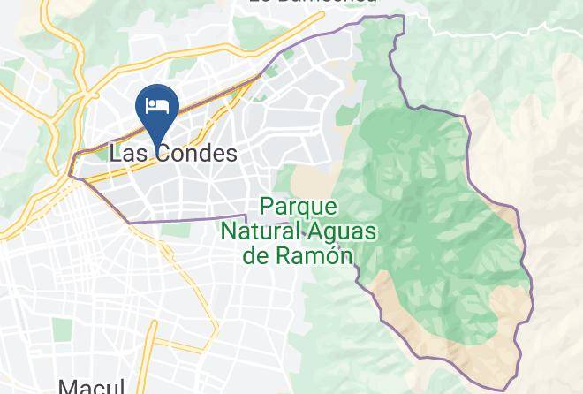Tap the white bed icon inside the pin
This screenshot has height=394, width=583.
tap(158, 106)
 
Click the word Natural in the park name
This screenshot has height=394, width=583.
tap(261, 232)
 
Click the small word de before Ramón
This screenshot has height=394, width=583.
tap(255, 256)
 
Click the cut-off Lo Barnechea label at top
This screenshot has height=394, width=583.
tap(312, 3)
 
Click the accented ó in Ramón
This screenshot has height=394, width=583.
tap(329, 256)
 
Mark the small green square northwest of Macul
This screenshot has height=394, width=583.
tap(62, 330)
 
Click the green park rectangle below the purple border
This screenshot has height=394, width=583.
tap(177, 230)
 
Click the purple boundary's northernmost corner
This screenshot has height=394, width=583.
tap(402, 16)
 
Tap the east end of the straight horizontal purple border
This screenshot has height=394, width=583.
tap(245, 216)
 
